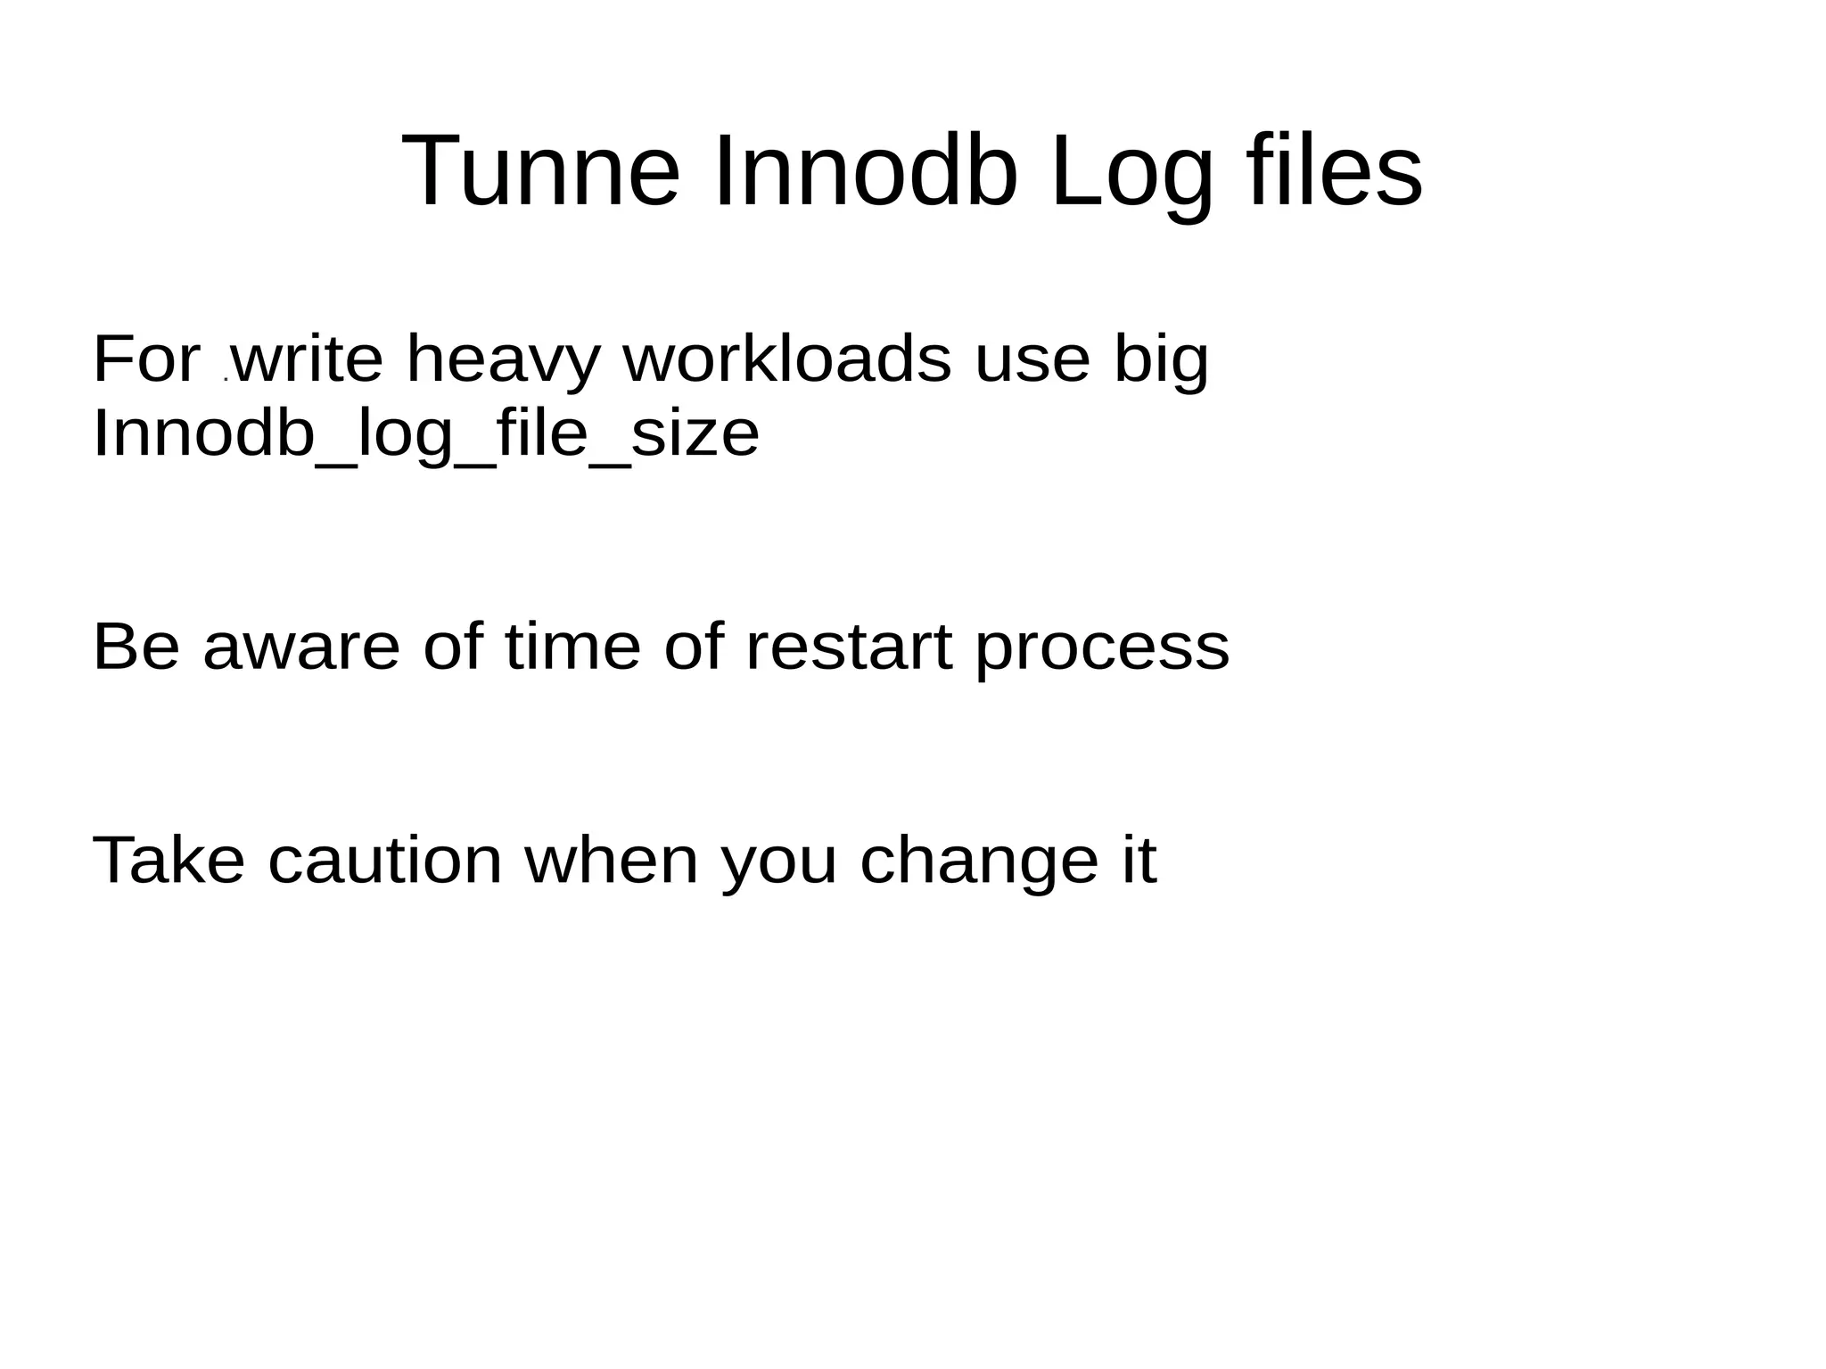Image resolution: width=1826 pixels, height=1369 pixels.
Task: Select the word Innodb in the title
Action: click(865, 170)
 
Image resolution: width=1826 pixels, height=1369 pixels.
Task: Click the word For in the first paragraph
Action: click(147, 359)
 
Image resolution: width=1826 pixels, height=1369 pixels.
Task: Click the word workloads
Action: click(787, 359)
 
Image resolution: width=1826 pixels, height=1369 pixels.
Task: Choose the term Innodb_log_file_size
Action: click(426, 434)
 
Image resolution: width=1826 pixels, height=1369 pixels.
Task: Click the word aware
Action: click(301, 647)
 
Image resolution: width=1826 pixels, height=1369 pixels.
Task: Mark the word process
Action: click(1102, 647)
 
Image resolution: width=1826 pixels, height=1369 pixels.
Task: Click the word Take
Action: click(169, 861)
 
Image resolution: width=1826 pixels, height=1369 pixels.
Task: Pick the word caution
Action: click(385, 861)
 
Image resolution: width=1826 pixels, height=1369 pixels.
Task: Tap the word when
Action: click(612, 861)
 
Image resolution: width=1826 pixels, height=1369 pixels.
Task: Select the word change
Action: click(978, 861)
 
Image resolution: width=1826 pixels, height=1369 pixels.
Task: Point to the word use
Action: click(1032, 359)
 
